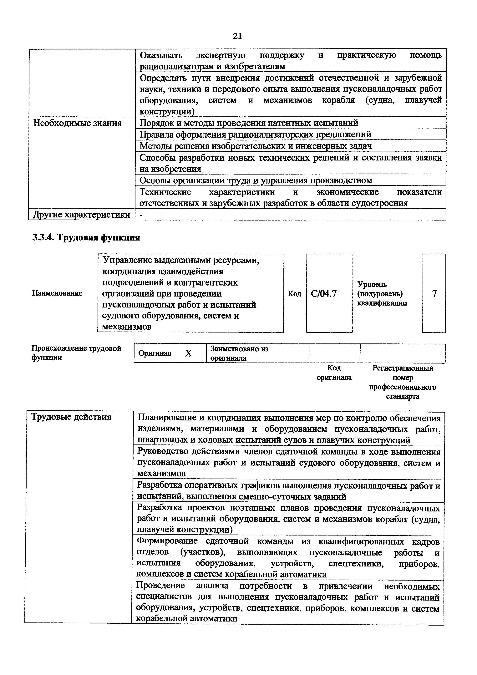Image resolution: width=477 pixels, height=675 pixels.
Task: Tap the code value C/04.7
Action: [324, 293]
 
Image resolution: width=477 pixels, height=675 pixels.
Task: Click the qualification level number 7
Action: [434, 293]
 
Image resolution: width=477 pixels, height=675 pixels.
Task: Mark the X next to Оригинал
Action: [188, 353]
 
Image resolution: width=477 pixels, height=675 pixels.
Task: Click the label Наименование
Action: [57, 293]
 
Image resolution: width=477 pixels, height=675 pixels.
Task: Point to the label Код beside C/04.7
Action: [294, 293]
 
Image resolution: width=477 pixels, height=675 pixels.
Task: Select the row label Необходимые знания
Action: [77, 123]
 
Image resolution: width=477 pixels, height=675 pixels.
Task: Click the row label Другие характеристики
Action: [81, 215]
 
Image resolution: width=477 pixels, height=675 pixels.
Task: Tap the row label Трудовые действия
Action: [71, 417]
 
